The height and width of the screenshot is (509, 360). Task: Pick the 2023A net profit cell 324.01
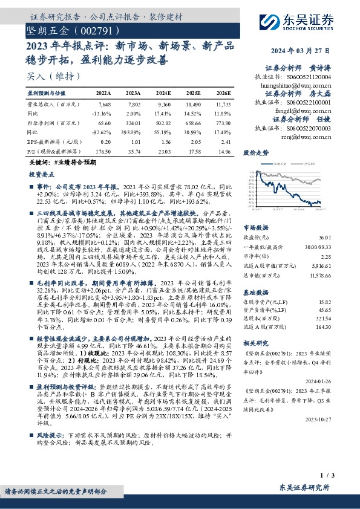133,122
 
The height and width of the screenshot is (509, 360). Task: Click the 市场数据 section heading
255,228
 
